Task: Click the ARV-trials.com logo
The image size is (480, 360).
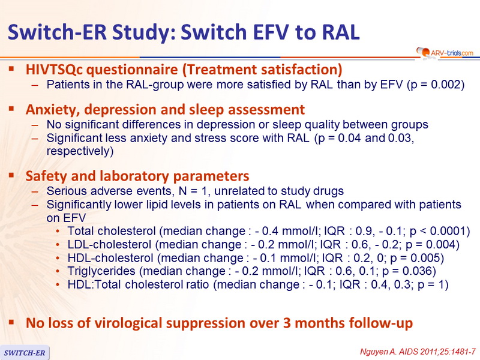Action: pyautogui.click(x=445, y=53)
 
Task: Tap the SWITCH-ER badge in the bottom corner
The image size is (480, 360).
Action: pyautogui.click(x=25, y=353)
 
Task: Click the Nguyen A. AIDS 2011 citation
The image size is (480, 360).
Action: pyautogui.click(x=418, y=352)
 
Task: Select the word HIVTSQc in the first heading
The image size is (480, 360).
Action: pyautogui.click(x=54, y=70)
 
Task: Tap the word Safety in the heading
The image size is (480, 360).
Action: pyautogui.click(x=46, y=176)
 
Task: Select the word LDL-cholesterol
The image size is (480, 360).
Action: pyautogui.click(x=109, y=244)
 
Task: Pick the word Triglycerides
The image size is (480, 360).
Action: pyautogui.click(x=101, y=271)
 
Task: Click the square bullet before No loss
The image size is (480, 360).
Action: pyautogui.click(x=11, y=322)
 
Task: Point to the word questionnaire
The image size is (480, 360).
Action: pyautogui.click(x=132, y=70)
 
